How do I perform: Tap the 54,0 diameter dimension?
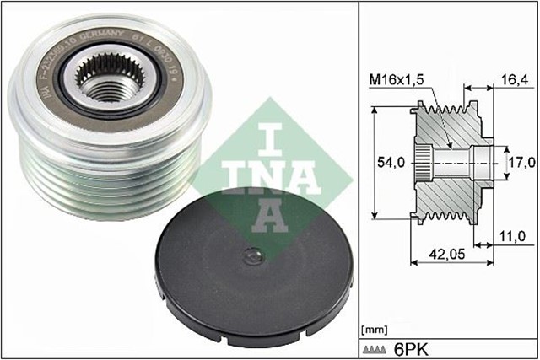(396, 160)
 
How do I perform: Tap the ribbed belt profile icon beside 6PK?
(375, 347)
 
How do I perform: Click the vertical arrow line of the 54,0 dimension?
(372, 160)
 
